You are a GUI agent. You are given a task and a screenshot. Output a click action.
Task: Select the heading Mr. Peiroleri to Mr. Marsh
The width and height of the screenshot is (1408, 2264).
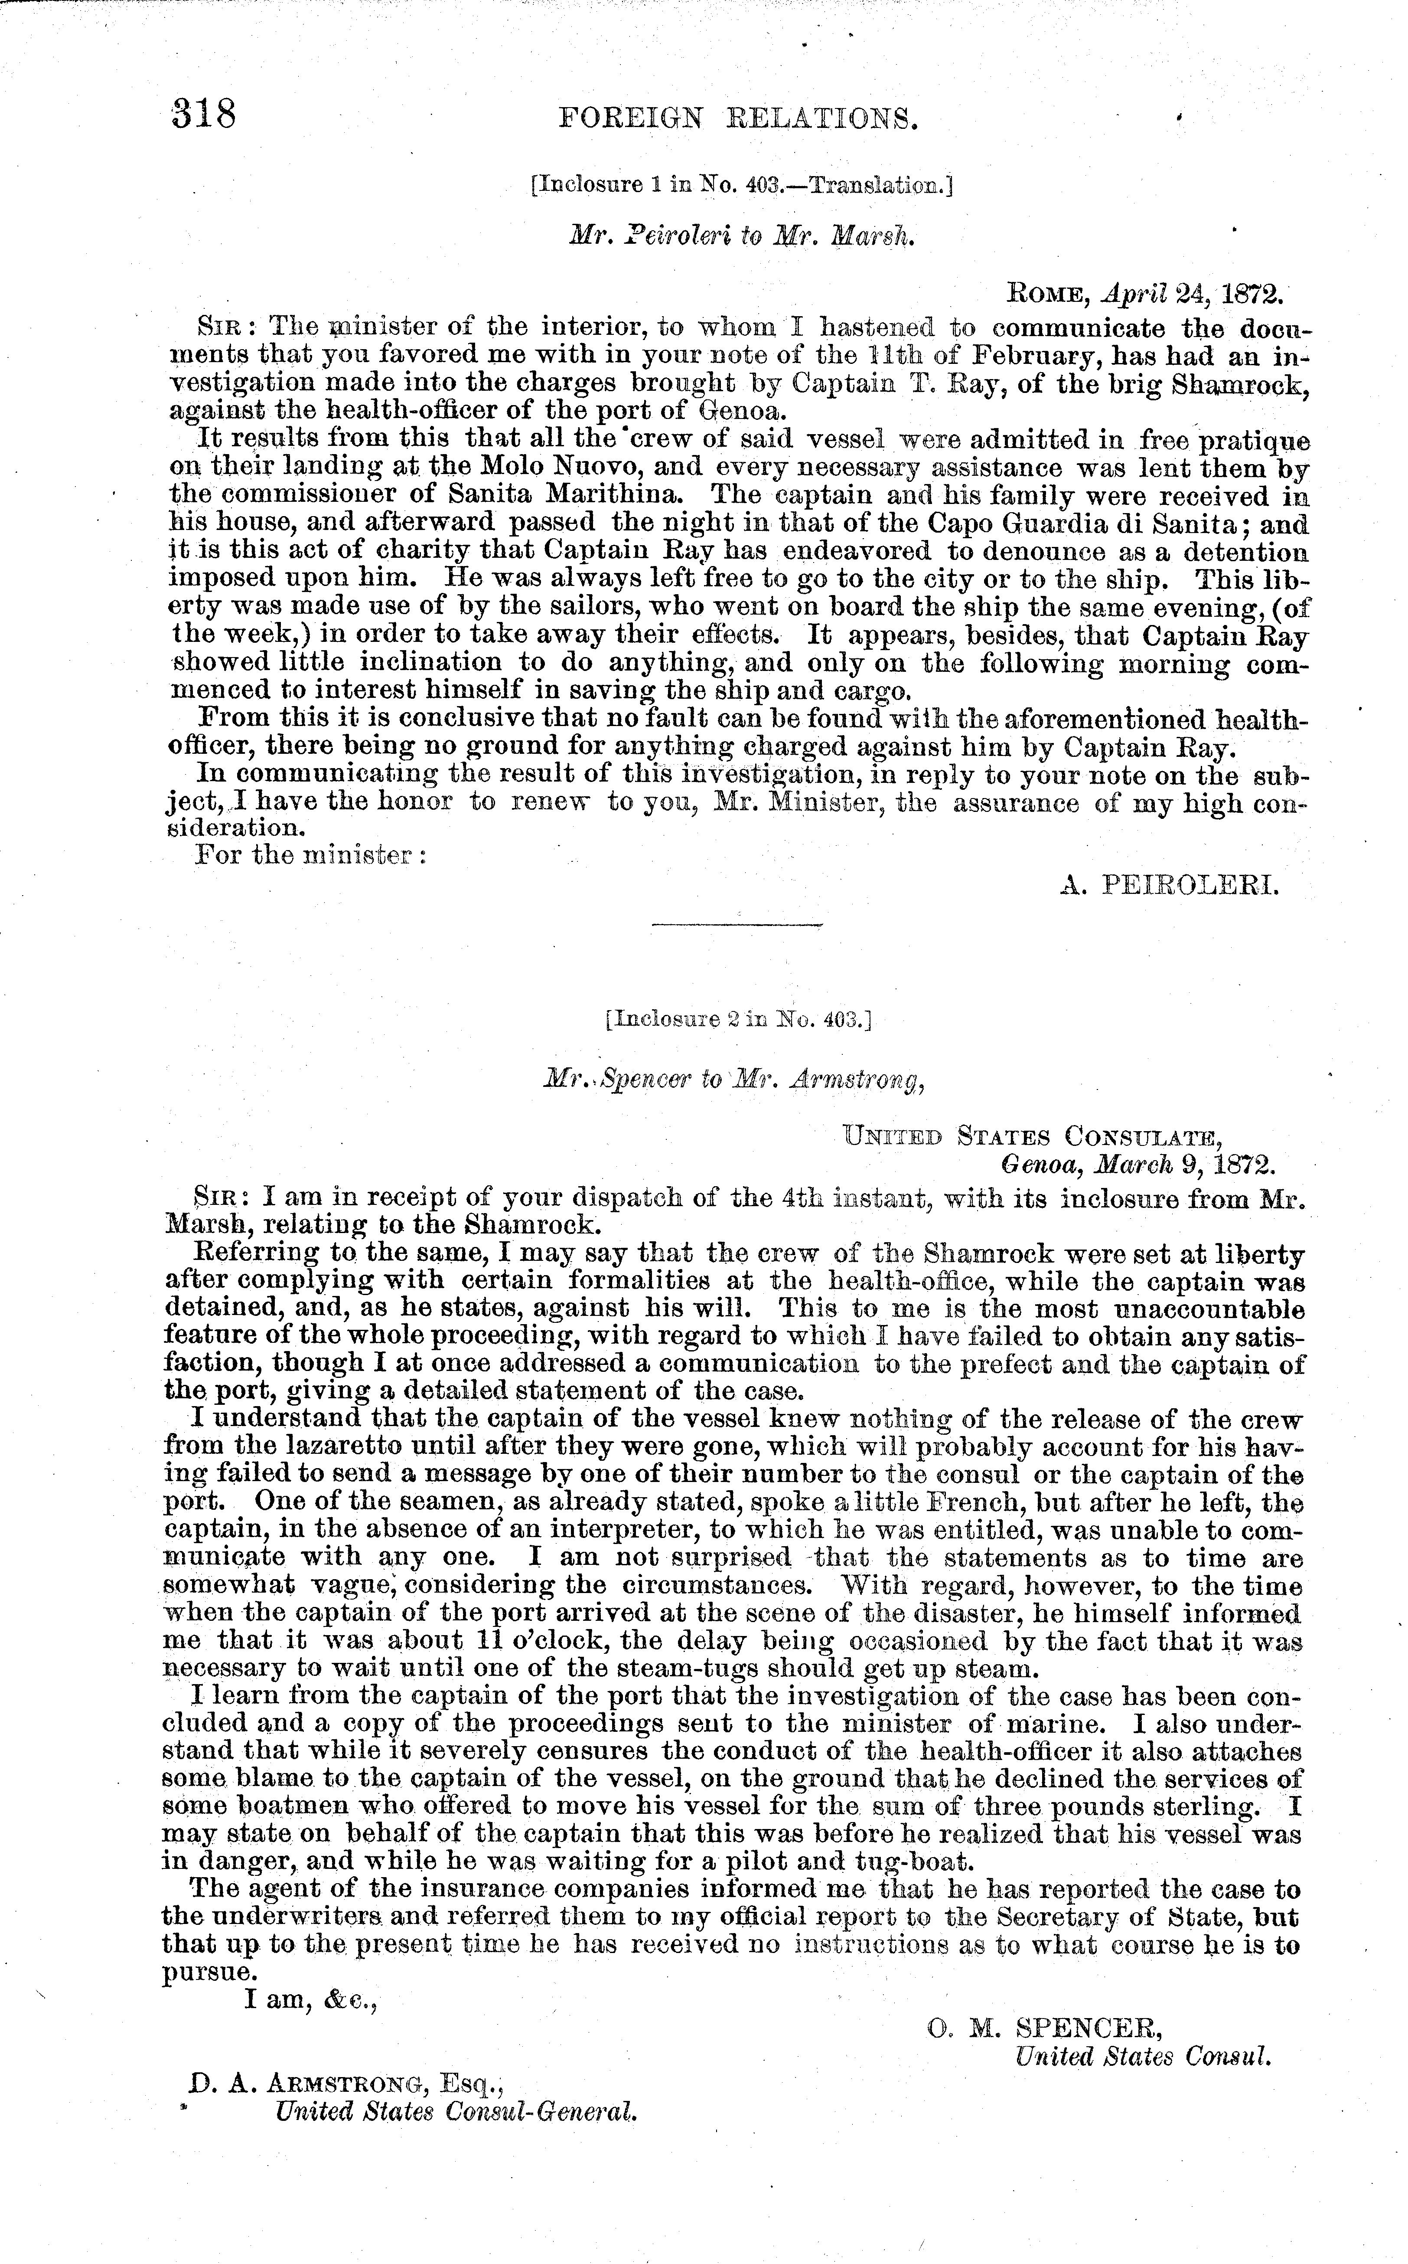point(742,237)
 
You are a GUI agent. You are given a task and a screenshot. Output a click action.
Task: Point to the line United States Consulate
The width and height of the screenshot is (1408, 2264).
point(1032,1138)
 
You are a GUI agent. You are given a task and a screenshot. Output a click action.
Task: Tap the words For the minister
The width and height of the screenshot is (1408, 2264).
point(310,855)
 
